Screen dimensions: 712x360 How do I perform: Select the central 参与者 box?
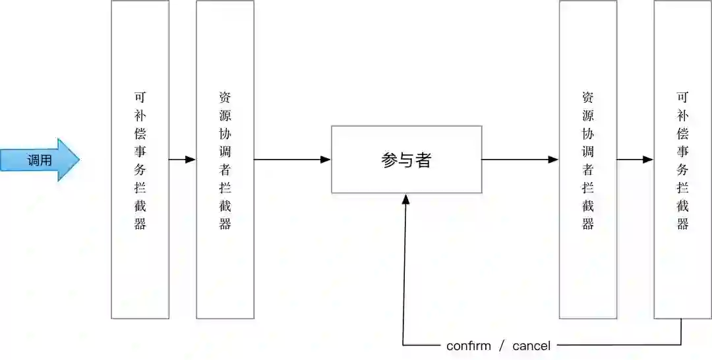coord(406,160)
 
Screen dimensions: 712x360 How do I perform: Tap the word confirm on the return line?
coord(468,345)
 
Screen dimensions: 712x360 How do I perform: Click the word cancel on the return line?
coord(531,345)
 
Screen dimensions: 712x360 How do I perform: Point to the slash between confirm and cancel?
coord(501,345)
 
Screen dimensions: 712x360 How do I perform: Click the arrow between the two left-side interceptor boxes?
coord(183,160)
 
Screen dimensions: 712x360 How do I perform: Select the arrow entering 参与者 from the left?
coord(292,160)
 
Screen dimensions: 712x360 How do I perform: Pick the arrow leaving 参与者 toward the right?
coord(520,160)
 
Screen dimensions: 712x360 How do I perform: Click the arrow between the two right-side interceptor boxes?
coord(635,160)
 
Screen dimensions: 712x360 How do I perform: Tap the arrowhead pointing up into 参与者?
coord(406,198)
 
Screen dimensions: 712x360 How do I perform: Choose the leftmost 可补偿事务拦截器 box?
coord(140,160)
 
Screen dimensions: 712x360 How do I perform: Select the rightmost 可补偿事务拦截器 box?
coord(682,160)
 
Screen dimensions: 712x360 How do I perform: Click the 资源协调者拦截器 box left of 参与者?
coord(225,160)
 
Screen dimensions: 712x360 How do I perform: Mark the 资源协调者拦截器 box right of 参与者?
coord(588,160)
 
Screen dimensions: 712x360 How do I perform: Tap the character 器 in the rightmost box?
coord(682,224)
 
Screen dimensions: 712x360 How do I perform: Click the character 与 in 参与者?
coord(406,160)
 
